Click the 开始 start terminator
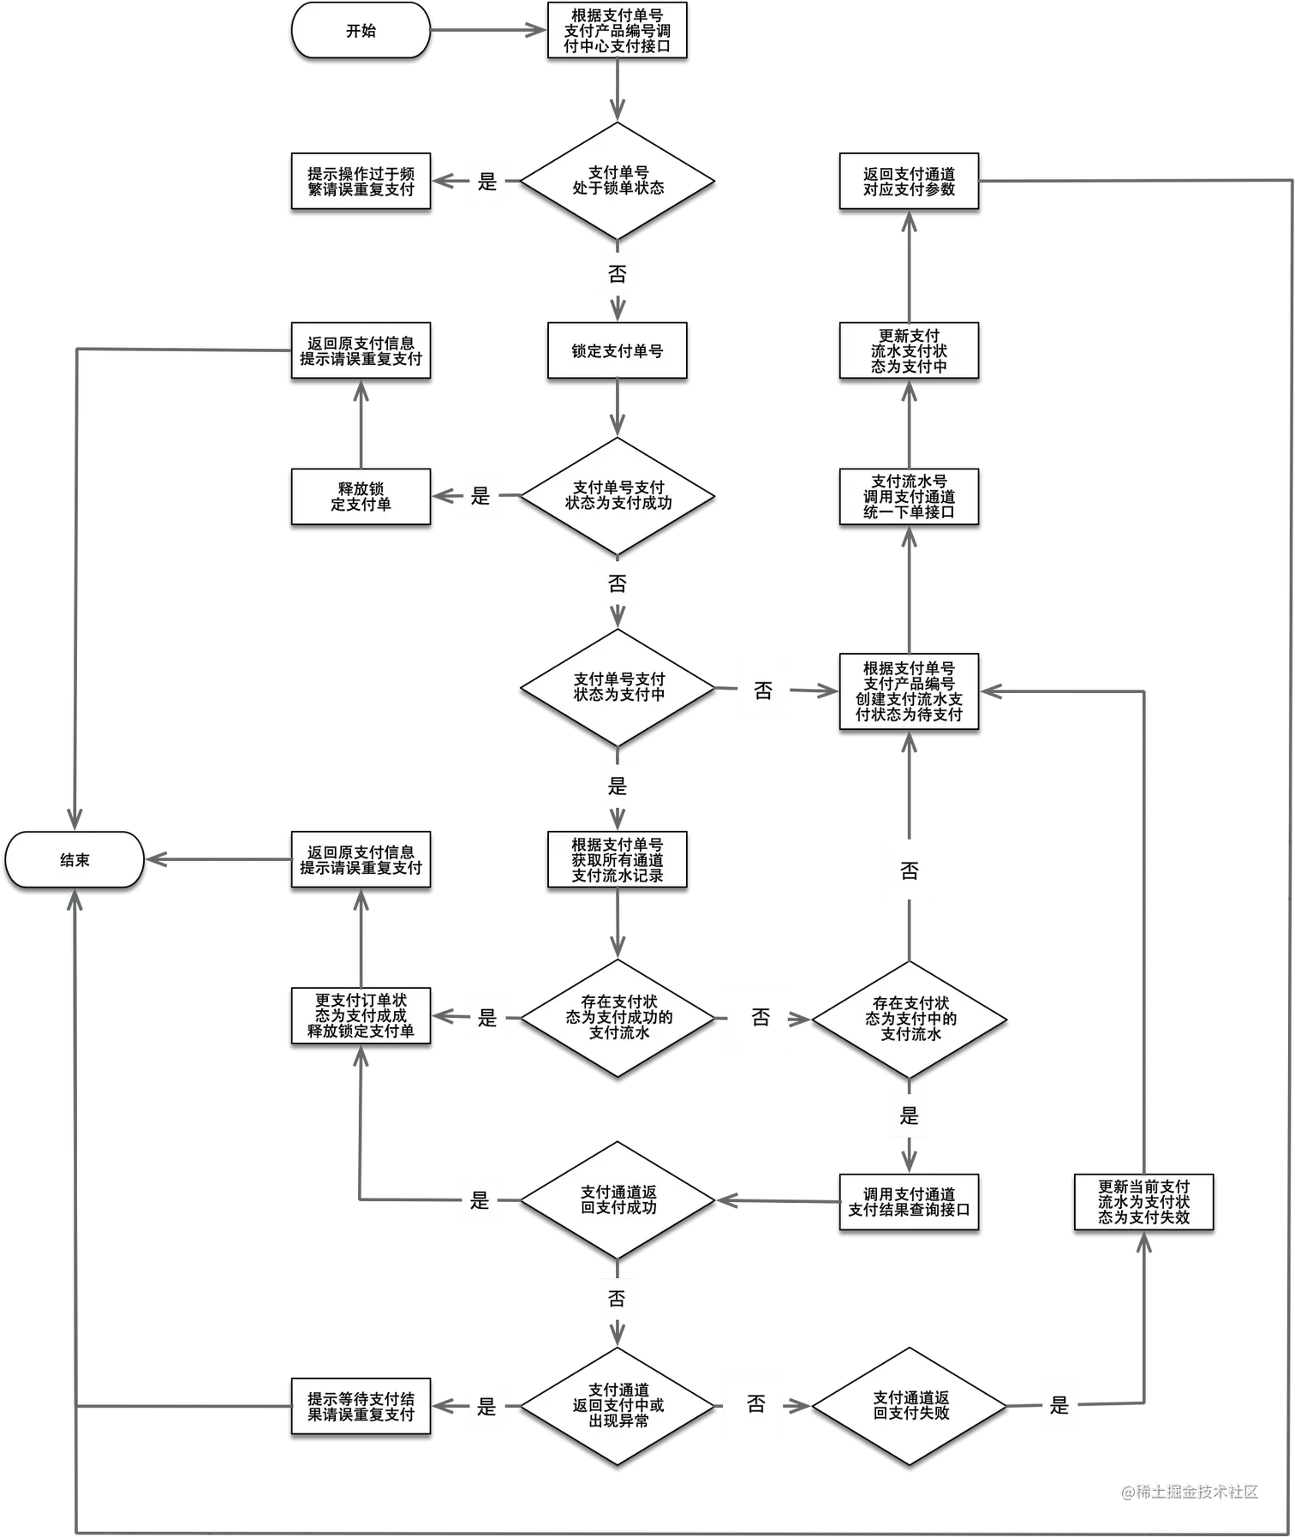tap(361, 31)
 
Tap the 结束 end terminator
tap(75, 859)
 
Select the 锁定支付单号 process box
tap(617, 350)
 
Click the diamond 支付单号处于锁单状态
tap(618, 181)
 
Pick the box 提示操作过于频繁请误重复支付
tap(361, 181)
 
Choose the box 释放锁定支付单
tap(361, 496)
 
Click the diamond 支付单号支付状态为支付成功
tap(618, 495)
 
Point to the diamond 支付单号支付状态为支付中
tap(618, 687)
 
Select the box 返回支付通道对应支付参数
tap(909, 181)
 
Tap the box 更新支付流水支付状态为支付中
tap(909, 350)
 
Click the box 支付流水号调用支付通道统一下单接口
tap(909, 496)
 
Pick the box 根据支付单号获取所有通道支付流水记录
tap(617, 859)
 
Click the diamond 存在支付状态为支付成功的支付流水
tap(618, 1017)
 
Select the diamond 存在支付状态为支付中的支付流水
tap(910, 1018)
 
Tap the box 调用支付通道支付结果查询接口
tap(909, 1201)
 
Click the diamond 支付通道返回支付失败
tap(910, 1405)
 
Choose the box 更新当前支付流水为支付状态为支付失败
tap(1143, 1201)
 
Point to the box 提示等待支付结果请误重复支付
tap(361, 1406)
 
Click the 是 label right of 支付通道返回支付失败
tap(1059, 1405)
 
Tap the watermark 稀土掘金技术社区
tap(1189, 1491)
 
